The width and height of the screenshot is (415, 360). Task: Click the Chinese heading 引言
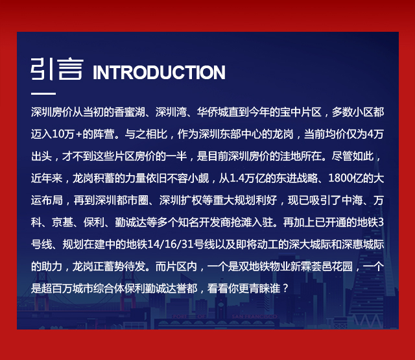pyautogui.click(x=57, y=69)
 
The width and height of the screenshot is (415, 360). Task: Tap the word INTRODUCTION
pyautogui.click(x=159, y=72)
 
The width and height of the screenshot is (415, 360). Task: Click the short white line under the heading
pyautogui.click(x=43, y=93)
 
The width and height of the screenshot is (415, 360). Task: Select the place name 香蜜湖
pyautogui.click(x=130, y=112)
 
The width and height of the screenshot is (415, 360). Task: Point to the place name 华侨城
pyautogui.click(x=213, y=112)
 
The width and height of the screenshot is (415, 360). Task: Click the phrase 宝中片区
pyautogui.click(x=301, y=112)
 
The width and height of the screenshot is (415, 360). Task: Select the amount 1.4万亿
pyautogui.click(x=247, y=178)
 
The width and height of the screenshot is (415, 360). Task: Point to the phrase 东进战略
pyautogui.click(x=297, y=178)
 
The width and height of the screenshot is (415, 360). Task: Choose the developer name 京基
pyautogui.click(x=62, y=222)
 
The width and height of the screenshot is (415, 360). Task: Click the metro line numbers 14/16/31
pyautogui.click(x=170, y=244)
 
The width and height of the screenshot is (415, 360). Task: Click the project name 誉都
pyautogui.click(x=187, y=288)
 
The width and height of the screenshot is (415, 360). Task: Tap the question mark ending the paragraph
pyautogui.click(x=285, y=288)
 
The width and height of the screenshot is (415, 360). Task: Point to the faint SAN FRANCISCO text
pyautogui.click(x=254, y=317)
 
